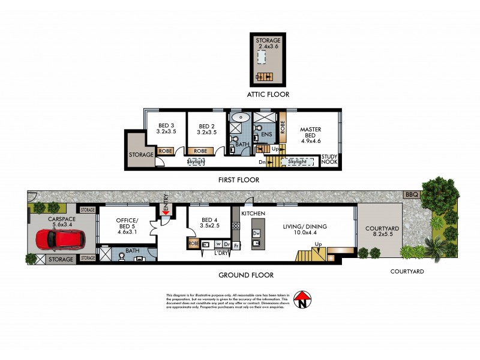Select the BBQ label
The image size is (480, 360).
pyautogui.click(x=410, y=195)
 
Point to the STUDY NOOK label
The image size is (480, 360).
pyautogui.click(x=330, y=159)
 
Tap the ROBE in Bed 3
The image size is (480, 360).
pyautogui.click(x=166, y=151)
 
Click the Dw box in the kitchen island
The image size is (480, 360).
pyautogui.click(x=256, y=233)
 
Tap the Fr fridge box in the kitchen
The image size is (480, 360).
pyautogui.click(x=237, y=245)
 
